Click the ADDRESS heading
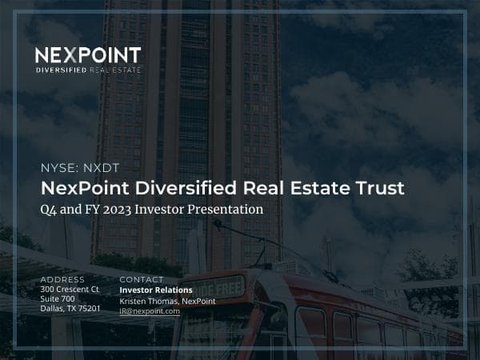pyautogui.click(x=62, y=279)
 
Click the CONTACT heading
pyautogui.click(x=141, y=279)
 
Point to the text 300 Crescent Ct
pyautogui.click(x=69, y=289)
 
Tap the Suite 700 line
pyautogui.click(x=57, y=298)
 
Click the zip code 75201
pyautogui.click(x=88, y=308)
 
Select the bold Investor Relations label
pyautogui.click(x=155, y=290)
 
